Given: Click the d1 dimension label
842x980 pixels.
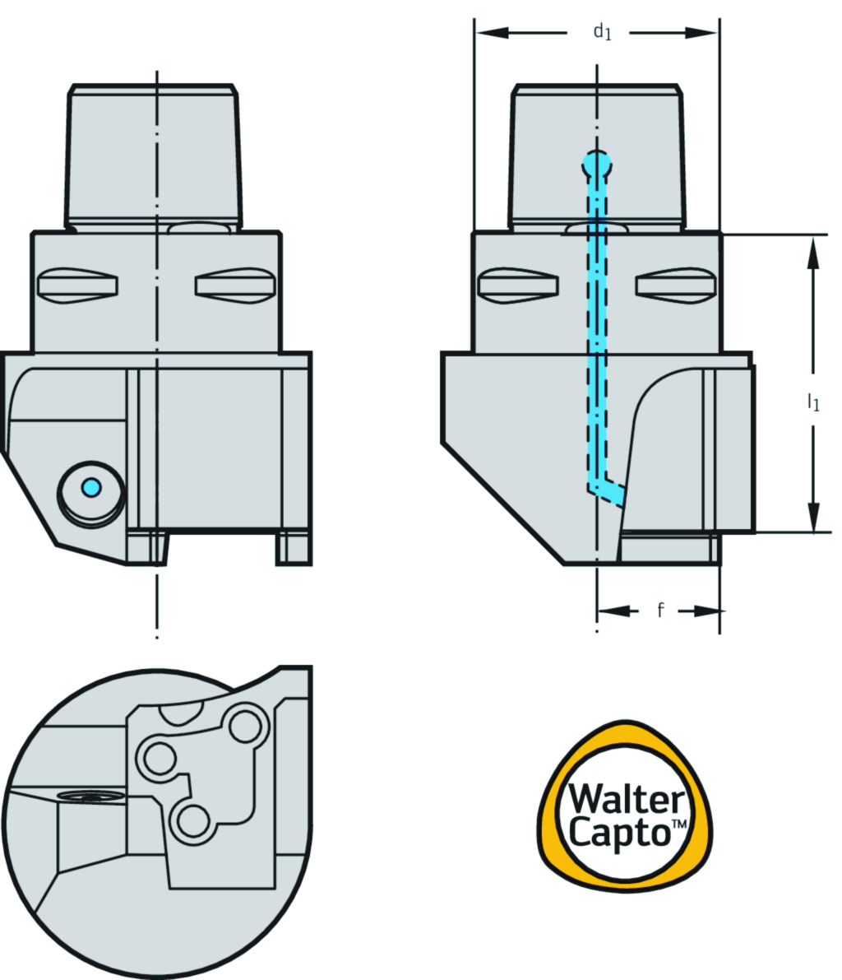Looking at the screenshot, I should (603, 33).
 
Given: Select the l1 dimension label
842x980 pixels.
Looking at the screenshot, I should (812, 402).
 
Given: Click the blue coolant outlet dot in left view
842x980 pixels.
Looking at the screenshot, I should (91, 488).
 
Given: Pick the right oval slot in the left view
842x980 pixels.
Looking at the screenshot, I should (236, 285).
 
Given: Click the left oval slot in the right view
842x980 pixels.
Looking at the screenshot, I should (518, 286).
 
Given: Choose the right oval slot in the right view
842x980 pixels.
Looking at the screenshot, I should (678, 286).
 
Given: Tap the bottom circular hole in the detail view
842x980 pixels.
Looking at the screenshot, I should (192, 820).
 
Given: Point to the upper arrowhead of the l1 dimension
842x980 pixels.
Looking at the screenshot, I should (813, 250).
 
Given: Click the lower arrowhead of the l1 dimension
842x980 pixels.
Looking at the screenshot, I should (813, 518).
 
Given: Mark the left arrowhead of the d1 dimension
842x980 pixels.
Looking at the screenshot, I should (488, 33).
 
